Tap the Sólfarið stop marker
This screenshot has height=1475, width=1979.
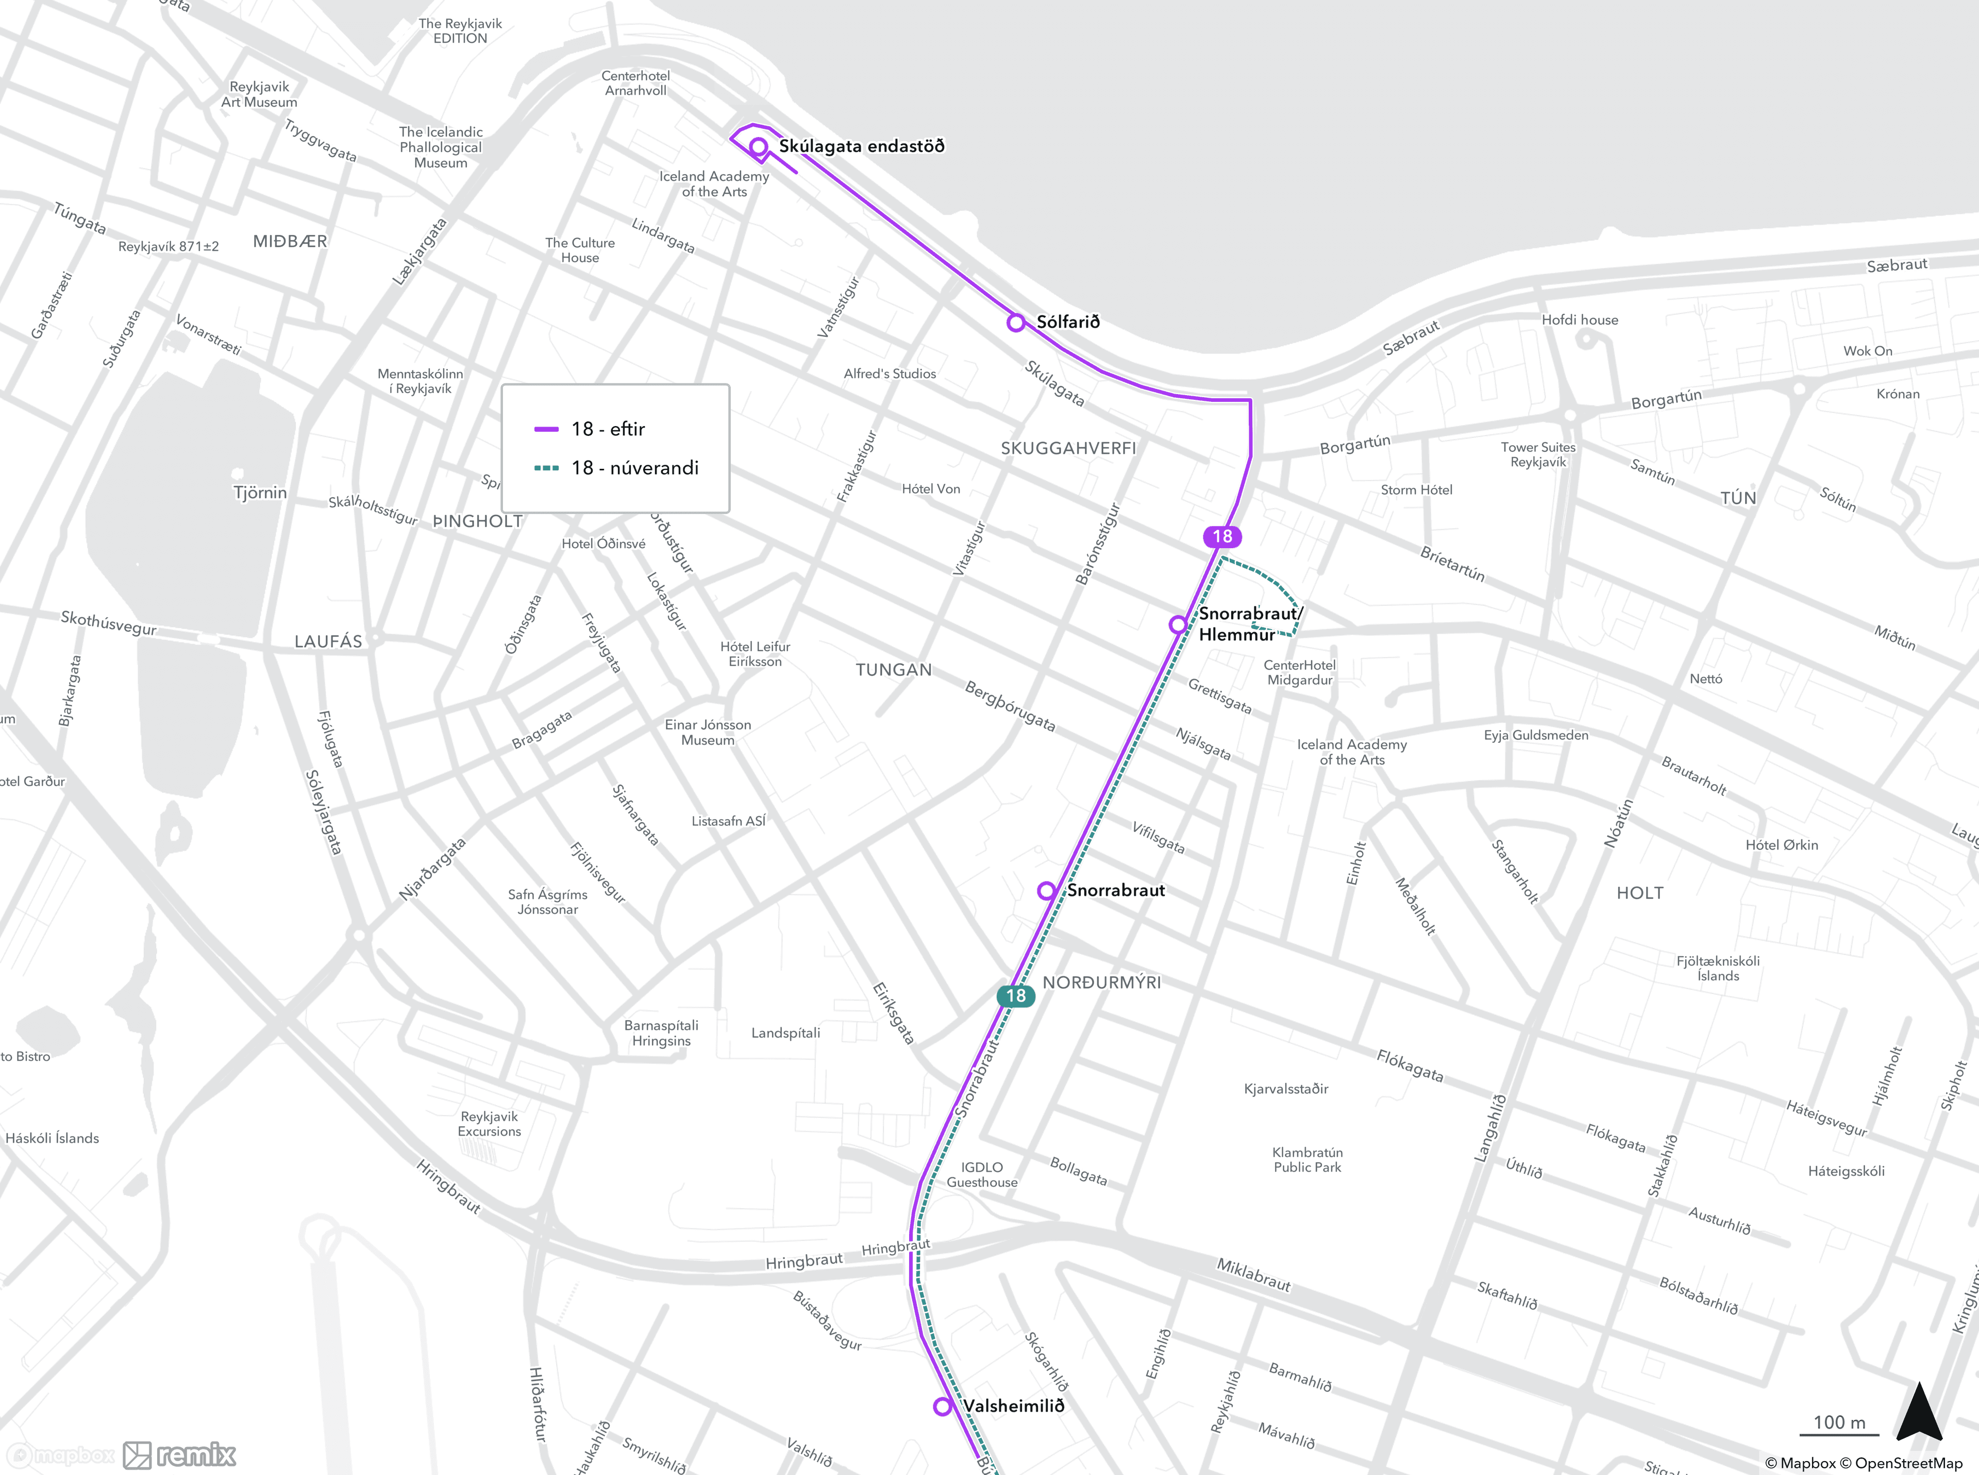click(x=1015, y=323)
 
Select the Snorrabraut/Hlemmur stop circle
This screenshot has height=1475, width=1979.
click(x=1178, y=624)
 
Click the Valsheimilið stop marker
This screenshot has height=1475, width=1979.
click(x=942, y=1406)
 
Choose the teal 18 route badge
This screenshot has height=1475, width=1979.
click(x=1015, y=995)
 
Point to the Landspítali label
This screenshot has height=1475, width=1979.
click(x=785, y=1033)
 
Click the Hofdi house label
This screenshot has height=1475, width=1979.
click(x=1579, y=319)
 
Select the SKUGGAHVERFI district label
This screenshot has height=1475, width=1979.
click(x=1068, y=448)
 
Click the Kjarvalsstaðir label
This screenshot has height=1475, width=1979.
click(x=1286, y=1089)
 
